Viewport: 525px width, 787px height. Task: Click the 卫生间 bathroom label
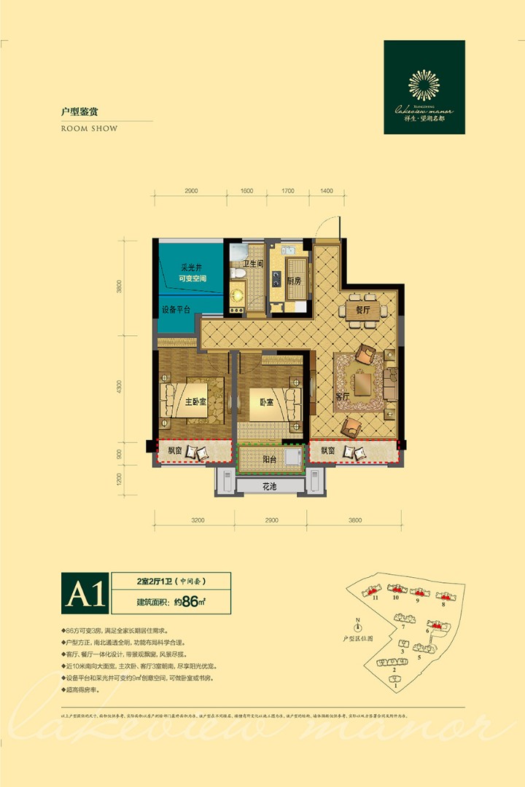(x=252, y=265)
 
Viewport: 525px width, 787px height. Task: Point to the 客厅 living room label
(x=343, y=396)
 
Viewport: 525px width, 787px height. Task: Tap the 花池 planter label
(x=271, y=486)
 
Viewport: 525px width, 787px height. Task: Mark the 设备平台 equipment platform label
(x=176, y=310)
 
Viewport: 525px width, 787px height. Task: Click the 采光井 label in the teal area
(x=191, y=267)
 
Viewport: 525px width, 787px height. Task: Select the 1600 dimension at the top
(x=246, y=190)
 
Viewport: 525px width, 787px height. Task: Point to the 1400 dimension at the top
(x=326, y=190)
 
